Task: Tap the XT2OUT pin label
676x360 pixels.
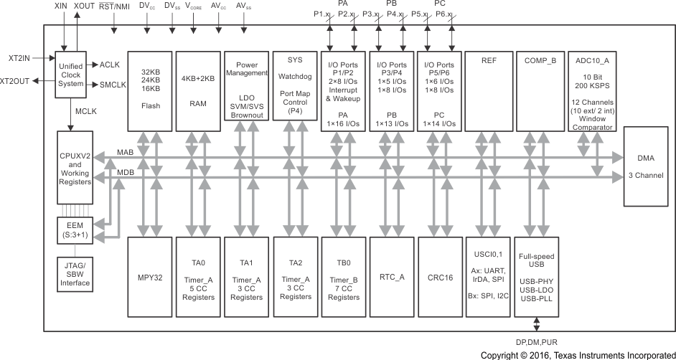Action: coord(15,81)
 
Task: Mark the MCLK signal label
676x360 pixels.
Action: coord(87,112)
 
